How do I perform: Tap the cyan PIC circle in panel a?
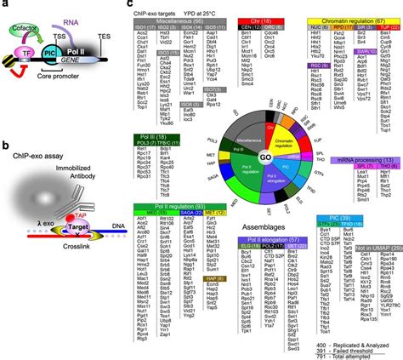tap(50, 52)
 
